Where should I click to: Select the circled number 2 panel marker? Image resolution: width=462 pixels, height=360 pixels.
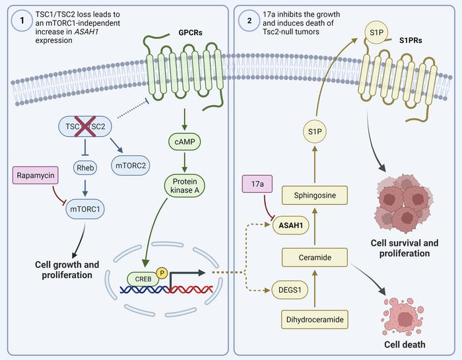pyautogui.click(x=249, y=20)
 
